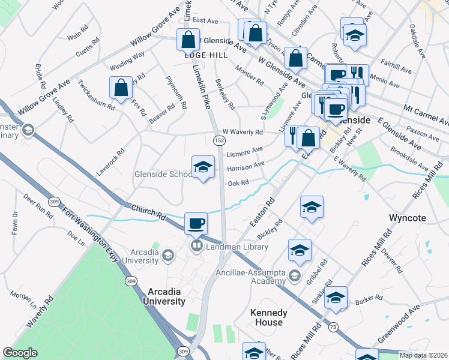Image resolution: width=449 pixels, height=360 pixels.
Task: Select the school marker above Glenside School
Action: pyautogui.click(x=203, y=167)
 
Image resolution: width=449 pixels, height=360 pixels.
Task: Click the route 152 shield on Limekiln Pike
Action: pyautogui.click(x=219, y=140)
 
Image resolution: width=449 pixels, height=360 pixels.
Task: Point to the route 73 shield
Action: pyautogui.click(x=333, y=327)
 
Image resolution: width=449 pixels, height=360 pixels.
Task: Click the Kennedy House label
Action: pyautogui.click(x=268, y=317)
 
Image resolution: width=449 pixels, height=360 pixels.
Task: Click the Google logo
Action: pyautogui.click(x=20, y=352)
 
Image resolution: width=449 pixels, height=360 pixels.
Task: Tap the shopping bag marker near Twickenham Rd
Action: pyautogui.click(x=121, y=88)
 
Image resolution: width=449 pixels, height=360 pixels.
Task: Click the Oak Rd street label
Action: pyautogui.click(x=238, y=183)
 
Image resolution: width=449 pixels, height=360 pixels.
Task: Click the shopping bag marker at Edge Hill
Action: pyautogui.click(x=188, y=40)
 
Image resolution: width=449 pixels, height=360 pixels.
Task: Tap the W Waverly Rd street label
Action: pyautogui.click(x=243, y=132)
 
